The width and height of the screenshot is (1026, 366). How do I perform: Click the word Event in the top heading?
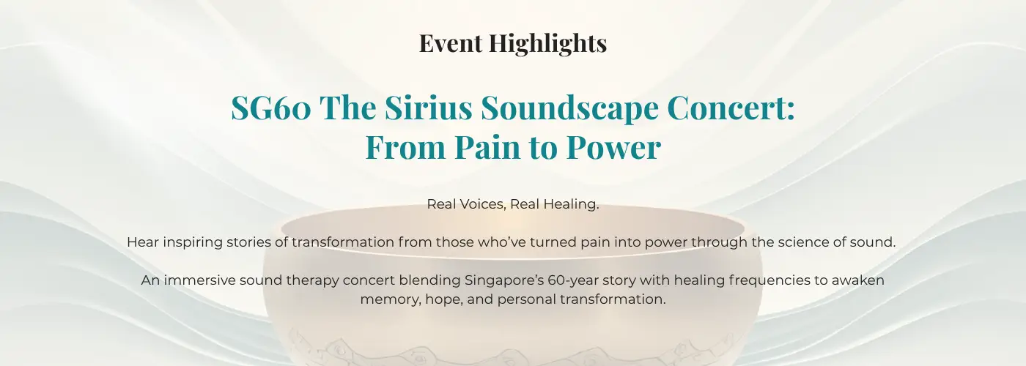click(x=451, y=43)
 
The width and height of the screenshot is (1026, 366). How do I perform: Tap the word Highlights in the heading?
click(x=548, y=44)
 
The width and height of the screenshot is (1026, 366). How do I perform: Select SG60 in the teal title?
click(x=270, y=108)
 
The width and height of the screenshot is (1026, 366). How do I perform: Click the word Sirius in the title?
click(x=428, y=108)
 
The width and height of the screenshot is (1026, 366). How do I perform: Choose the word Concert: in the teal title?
click(x=731, y=108)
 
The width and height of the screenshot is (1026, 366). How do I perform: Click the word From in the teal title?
click(x=405, y=147)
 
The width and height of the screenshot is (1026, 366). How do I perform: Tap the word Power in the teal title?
click(x=614, y=147)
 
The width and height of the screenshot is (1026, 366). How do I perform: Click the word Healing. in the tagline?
click(x=571, y=204)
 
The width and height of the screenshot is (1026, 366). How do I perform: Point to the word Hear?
click(x=143, y=242)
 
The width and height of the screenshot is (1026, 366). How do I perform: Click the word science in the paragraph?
click(x=807, y=242)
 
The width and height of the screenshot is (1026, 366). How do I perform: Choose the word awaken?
click(x=858, y=280)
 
